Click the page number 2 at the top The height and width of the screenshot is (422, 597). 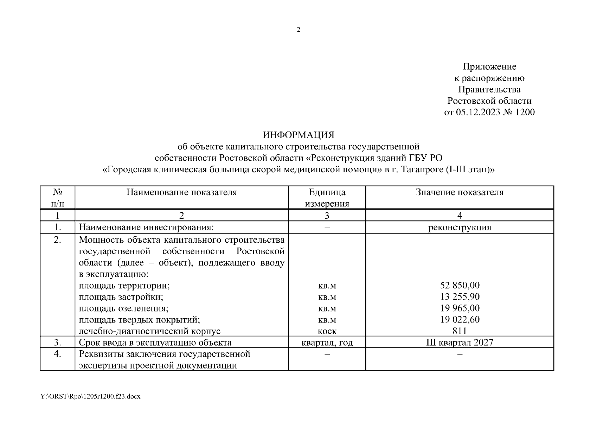[298, 30]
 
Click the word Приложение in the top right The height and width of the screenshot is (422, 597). [489, 66]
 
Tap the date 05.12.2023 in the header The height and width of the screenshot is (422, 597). [479, 113]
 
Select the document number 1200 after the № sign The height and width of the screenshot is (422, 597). [524, 113]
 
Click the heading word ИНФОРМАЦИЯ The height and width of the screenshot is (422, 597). [298, 135]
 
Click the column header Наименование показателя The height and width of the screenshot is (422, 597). [182, 192]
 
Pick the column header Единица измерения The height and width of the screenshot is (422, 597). [327, 198]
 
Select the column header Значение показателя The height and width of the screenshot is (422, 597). [460, 192]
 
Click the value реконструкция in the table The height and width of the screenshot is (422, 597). [460, 227]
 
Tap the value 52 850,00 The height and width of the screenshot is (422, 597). [460, 285]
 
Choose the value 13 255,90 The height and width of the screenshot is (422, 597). [460, 297]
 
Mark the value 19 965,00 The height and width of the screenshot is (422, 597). [460, 308]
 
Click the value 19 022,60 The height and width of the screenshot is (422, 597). [460, 320]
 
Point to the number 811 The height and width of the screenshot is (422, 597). [460, 331]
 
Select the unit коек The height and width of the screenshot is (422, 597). [327, 331]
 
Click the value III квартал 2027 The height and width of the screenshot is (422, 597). [460, 343]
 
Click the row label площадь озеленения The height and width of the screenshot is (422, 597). [123, 308]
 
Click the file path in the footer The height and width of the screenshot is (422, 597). [90, 397]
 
